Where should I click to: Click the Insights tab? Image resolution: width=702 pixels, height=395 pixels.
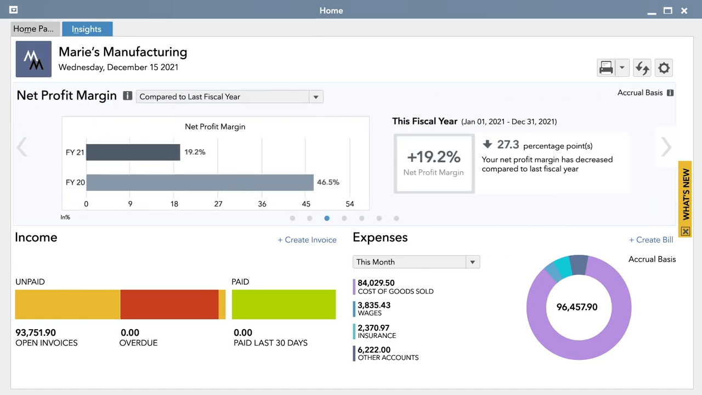coord(87,29)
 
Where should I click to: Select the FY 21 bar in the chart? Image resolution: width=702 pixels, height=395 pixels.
coord(133,152)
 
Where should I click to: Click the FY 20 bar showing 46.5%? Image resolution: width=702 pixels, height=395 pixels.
coord(200,182)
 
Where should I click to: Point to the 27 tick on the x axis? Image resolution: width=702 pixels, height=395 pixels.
coord(218,204)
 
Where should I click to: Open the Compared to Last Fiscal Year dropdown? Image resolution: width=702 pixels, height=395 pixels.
coord(229,97)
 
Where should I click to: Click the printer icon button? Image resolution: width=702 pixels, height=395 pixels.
coord(606,68)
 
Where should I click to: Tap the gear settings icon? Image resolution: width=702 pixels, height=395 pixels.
coord(664,68)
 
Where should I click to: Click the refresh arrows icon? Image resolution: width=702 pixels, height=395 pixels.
coord(642,68)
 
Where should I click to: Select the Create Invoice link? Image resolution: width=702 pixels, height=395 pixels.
coord(307,240)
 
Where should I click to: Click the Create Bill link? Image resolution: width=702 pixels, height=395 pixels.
coord(651,240)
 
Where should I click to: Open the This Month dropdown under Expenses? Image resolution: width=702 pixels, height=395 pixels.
coord(416,262)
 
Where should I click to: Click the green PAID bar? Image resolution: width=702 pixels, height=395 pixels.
coord(284,304)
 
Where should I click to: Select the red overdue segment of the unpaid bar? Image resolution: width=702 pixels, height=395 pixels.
coord(169,304)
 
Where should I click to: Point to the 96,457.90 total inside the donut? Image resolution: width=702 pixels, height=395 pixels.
coord(577,307)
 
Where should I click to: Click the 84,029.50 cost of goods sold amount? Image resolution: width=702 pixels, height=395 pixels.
coord(376,283)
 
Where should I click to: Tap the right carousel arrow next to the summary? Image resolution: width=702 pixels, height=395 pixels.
coord(666,147)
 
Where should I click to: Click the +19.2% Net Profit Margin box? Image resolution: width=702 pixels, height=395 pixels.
coord(434,163)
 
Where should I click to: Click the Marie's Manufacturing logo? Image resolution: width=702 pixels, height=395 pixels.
coord(33,59)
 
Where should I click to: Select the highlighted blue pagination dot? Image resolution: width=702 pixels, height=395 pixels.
coord(327,218)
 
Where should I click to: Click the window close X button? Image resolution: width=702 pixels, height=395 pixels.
coord(684,10)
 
